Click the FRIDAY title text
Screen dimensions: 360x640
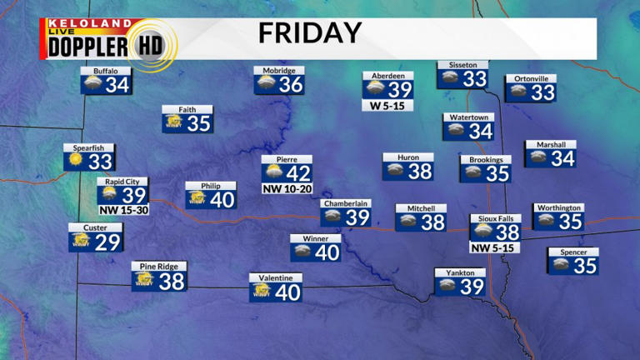309,33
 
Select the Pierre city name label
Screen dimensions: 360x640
286,158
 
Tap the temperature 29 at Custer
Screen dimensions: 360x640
108,242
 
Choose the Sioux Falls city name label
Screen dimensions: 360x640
494,218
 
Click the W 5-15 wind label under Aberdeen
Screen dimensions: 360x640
387,106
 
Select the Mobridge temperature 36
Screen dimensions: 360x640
291,84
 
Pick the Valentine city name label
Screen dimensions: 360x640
275,277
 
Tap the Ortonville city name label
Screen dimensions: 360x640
530,78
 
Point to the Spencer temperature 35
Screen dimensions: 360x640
585,266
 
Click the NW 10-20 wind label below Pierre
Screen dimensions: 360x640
286,189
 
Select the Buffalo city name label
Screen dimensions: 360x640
106,71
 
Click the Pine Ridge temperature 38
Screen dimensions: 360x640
172,282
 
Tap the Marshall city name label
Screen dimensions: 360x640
551,144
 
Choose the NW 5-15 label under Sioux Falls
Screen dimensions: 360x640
494,247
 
